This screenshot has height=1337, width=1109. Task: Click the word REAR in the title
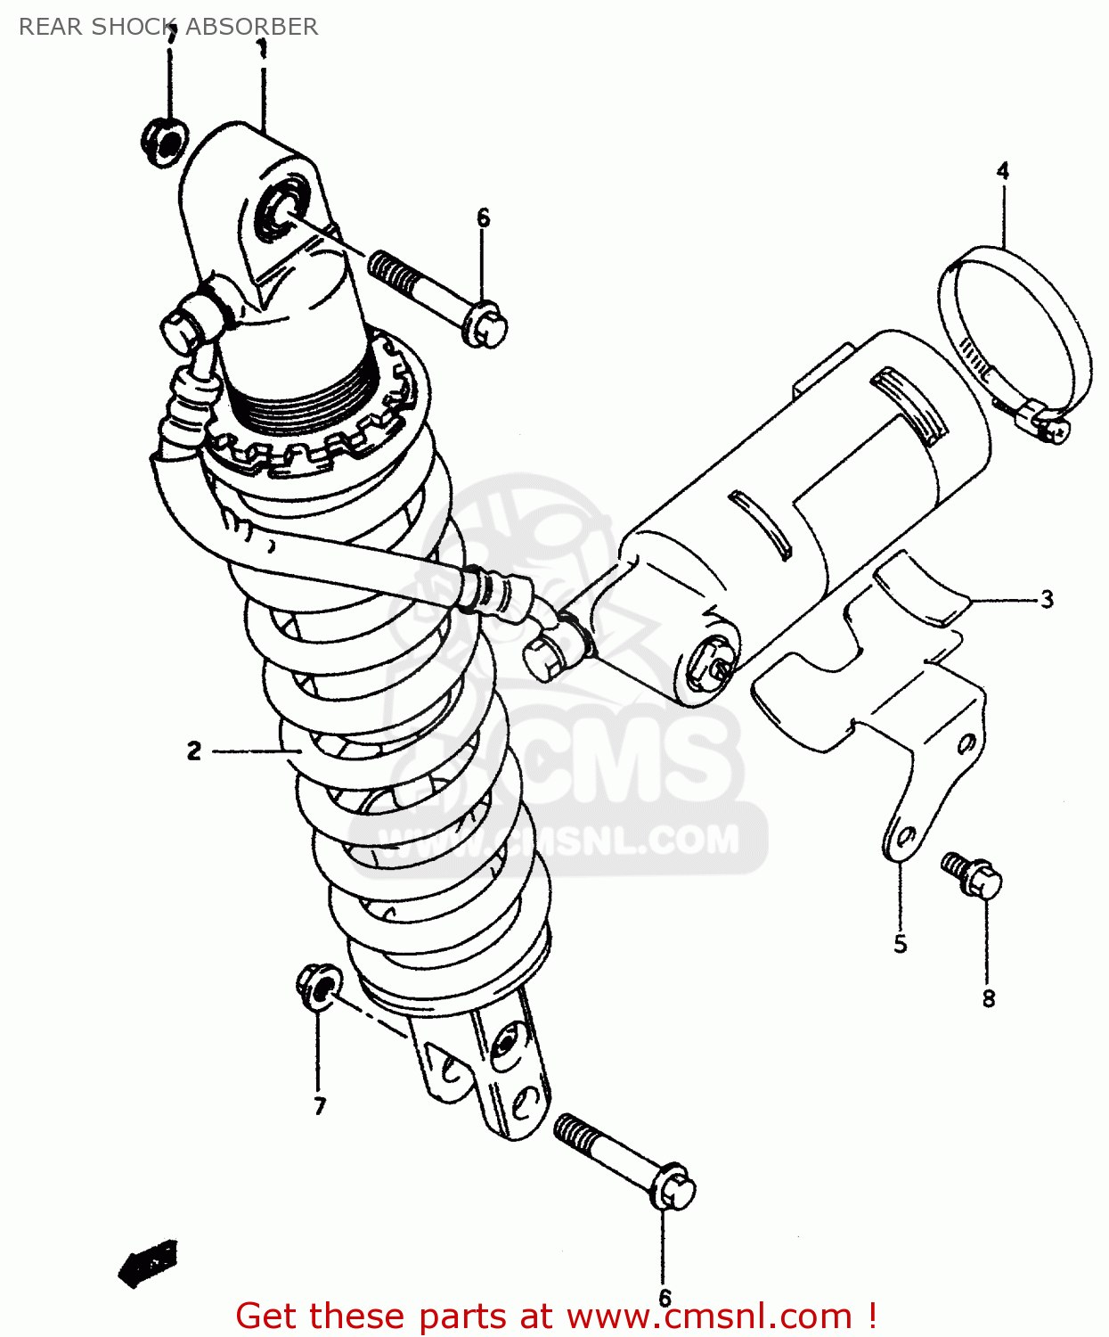51,27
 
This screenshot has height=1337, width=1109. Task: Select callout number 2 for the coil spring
194,751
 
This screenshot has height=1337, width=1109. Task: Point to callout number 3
1047,600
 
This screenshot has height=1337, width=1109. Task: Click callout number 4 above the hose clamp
1003,170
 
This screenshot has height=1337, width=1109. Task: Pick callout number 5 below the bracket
901,944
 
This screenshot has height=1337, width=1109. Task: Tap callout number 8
989,999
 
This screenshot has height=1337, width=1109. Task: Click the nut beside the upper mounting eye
163,141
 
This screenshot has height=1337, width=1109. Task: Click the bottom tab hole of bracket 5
903,839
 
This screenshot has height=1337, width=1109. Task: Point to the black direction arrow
148,1263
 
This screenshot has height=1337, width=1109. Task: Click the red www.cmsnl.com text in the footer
708,1316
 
